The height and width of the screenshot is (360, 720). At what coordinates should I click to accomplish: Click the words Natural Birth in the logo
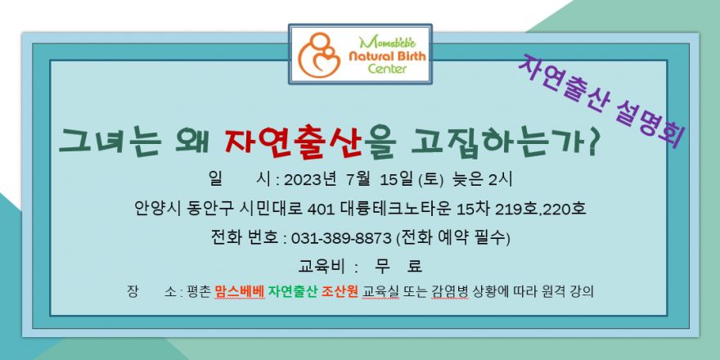[x=387, y=56]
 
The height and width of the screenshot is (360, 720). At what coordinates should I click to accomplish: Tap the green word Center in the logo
[x=387, y=69]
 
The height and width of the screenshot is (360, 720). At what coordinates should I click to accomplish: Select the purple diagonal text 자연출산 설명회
[x=602, y=101]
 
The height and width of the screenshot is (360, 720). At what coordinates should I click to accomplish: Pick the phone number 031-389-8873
[x=341, y=238]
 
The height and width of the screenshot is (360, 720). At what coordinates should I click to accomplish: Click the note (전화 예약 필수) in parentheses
[x=452, y=238]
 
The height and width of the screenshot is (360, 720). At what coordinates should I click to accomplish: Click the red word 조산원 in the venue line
[x=340, y=292]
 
